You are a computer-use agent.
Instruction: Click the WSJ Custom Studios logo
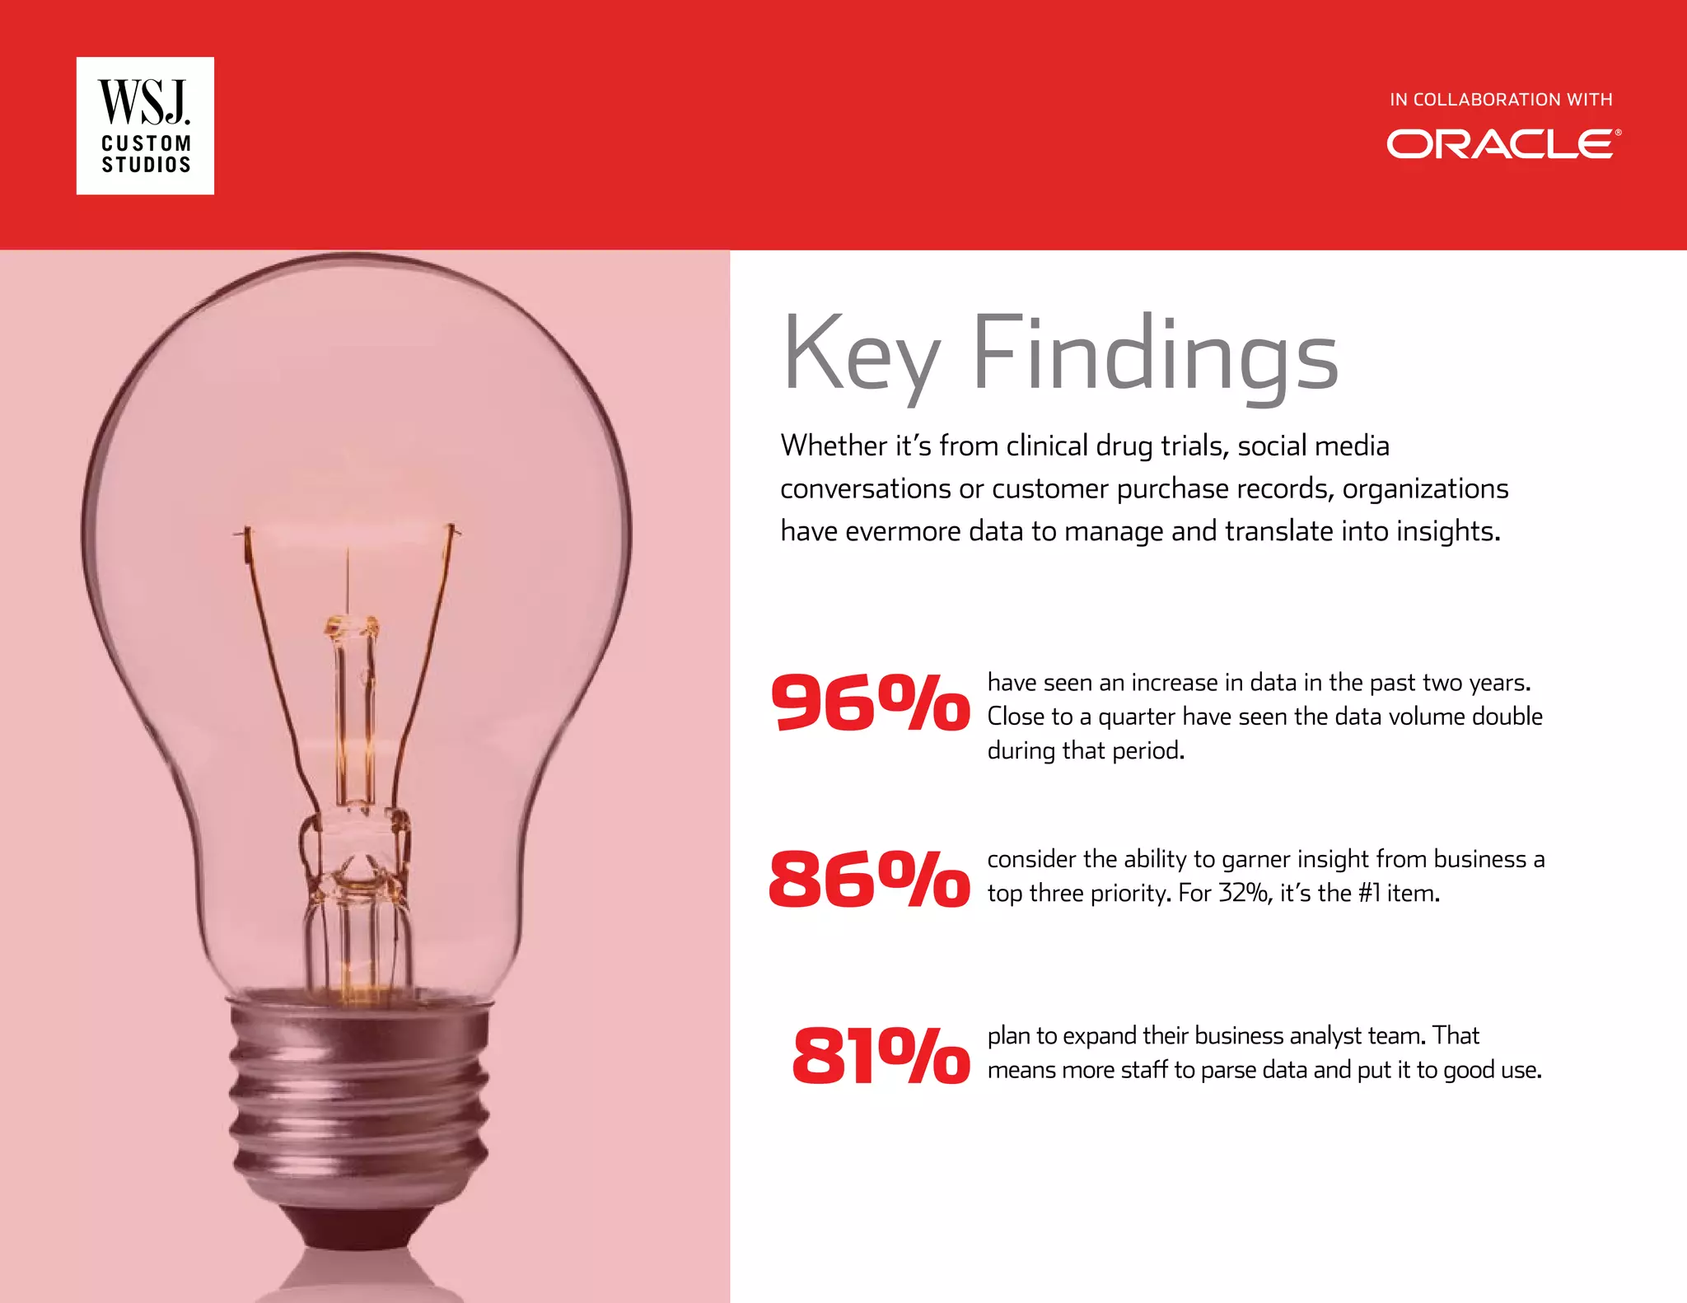coord(145,125)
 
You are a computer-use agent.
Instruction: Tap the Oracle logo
coord(1503,144)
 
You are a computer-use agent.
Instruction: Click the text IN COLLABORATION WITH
coord(1501,100)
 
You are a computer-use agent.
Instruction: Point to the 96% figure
coord(870,703)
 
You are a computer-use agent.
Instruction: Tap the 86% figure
coord(870,879)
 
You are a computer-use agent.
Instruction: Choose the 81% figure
coord(880,1056)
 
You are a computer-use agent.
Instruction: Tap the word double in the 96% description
coord(1507,717)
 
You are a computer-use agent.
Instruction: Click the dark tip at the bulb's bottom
coord(358,1227)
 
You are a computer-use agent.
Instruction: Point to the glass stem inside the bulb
coord(354,725)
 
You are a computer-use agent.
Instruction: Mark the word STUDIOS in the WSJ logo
coord(146,165)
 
